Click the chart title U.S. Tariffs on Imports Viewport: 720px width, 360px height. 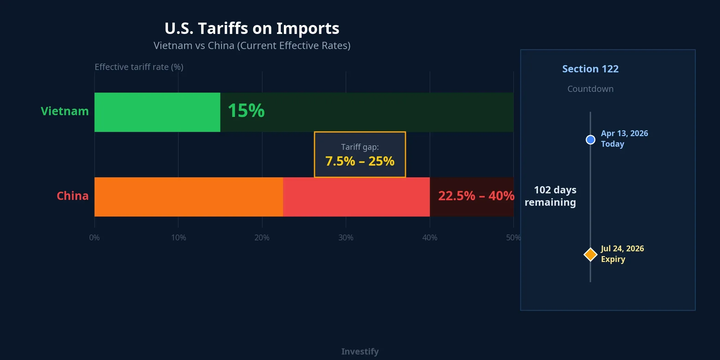252,28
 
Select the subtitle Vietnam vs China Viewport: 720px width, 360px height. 252,46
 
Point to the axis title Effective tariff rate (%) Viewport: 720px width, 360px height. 139,67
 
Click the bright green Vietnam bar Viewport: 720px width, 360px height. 157,112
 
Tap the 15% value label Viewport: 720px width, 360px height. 246,111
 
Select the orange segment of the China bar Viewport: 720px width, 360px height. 189,197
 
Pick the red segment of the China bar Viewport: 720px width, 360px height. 356,197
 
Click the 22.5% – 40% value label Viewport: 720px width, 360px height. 476,196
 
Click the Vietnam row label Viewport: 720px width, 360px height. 64,111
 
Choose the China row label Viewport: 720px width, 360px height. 72,196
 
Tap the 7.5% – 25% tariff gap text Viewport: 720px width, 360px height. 360,161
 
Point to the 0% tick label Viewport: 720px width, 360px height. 94,238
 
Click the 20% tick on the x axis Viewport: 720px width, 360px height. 262,238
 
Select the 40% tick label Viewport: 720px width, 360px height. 430,238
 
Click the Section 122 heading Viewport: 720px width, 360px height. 590,69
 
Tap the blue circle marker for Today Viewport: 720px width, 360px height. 590,140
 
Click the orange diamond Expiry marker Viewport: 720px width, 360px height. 590,254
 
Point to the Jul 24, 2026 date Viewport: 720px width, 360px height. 622,249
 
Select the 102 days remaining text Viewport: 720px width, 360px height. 551,196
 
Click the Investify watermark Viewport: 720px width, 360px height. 360,351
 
